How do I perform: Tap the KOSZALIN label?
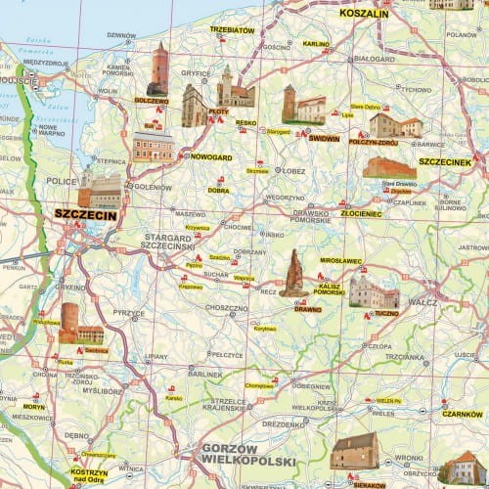click(364, 15)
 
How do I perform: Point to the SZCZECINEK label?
click(445, 161)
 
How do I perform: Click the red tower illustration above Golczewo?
click(158, 68)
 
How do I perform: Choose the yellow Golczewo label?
click(152, 100)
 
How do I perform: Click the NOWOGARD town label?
click(210, 156)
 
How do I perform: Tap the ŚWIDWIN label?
click(324, 139)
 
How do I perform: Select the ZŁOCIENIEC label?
click(362, 212)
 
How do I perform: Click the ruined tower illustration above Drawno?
click(293, 273)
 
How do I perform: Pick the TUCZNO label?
click(386, 314)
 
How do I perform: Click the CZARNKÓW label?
click(462, 415)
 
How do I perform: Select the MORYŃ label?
click(34, 405)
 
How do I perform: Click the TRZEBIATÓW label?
click(231, 30)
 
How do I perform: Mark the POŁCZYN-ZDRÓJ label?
click(375, 142)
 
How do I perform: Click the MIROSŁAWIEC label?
click(340, 261)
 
